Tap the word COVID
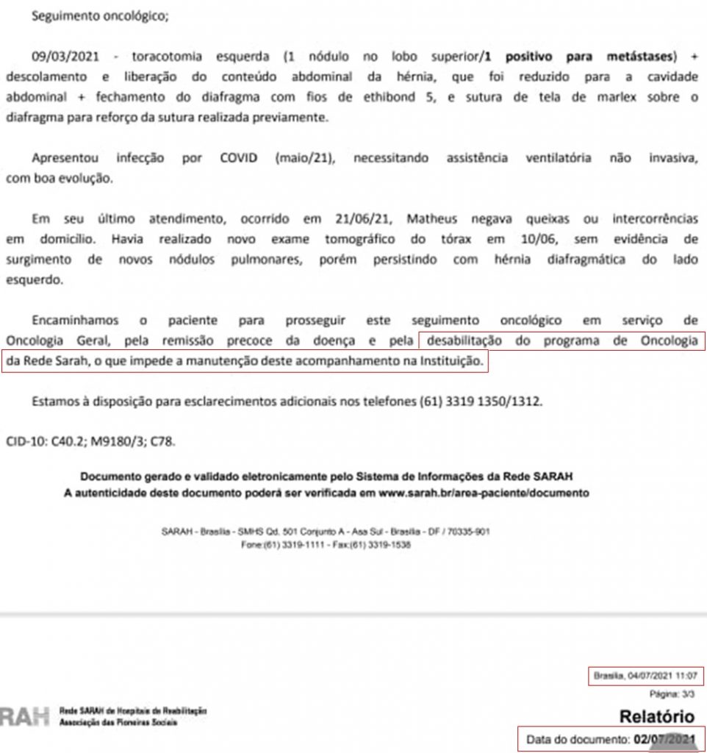238,158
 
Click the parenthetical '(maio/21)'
305,158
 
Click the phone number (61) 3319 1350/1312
481,402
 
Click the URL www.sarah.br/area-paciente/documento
483,493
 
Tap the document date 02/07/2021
664,739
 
